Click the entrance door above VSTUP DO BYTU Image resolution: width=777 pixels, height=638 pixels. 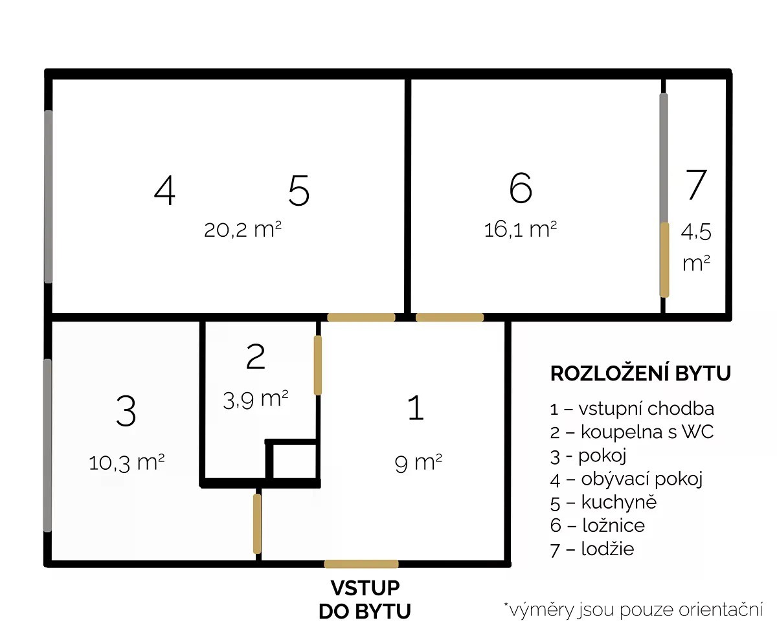click(361, 564)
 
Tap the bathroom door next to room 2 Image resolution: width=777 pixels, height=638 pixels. click(317, 365)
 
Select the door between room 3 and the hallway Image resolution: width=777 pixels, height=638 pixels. click(257, 523)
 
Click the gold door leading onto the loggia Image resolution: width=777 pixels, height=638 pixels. click(664, 259)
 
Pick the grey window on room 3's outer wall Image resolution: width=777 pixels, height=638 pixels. click(47, 445)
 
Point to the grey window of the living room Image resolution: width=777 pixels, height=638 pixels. click(49, 197)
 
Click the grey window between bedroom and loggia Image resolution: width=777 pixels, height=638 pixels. click(664, 159)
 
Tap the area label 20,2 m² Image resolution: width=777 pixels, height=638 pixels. click(243, 229)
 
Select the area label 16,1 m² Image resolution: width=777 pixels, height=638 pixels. click(520, 229)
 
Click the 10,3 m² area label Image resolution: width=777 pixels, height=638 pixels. click(126, 463)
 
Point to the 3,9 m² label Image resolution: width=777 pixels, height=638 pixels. click(255, 400)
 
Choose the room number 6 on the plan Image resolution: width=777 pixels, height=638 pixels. click(521, 188)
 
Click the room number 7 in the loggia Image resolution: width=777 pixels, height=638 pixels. click(696, 185)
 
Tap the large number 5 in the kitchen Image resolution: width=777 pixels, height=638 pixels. click(298, 190)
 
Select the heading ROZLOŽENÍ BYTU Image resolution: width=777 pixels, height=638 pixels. click(640, 373)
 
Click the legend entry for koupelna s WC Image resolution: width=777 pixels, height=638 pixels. click(632, 432)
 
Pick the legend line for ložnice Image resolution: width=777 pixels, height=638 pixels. click(597, 525)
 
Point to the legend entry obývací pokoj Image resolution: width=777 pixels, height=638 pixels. click(626, 479)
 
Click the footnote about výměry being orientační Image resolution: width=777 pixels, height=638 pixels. click(633, 610)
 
